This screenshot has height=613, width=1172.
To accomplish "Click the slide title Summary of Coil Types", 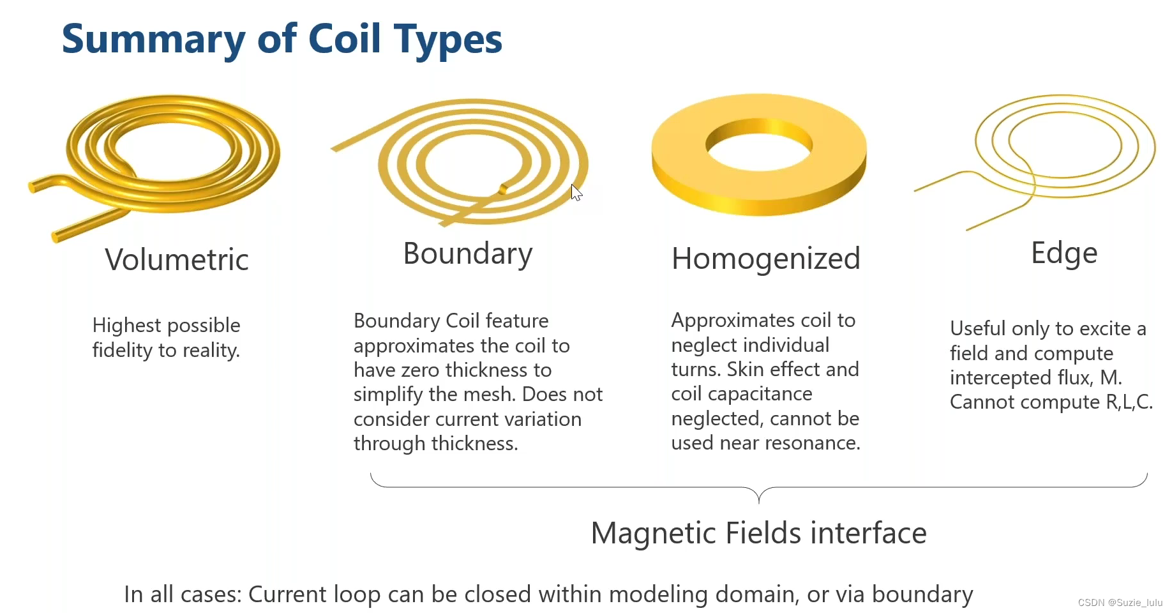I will [282, 40].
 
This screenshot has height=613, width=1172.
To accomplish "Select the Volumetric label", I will [177, 260].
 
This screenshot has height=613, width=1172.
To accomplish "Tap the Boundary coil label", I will [468, 254].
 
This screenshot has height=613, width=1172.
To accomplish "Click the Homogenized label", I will [765, 259].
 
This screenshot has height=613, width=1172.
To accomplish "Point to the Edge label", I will [1064, 254].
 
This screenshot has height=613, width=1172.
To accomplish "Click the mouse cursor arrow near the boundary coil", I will [576, 192].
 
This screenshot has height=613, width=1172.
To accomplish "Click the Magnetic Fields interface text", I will [758, 533].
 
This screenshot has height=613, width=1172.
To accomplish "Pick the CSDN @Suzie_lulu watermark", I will [1120, 602].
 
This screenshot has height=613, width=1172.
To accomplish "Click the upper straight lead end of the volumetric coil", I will [34, 186].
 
